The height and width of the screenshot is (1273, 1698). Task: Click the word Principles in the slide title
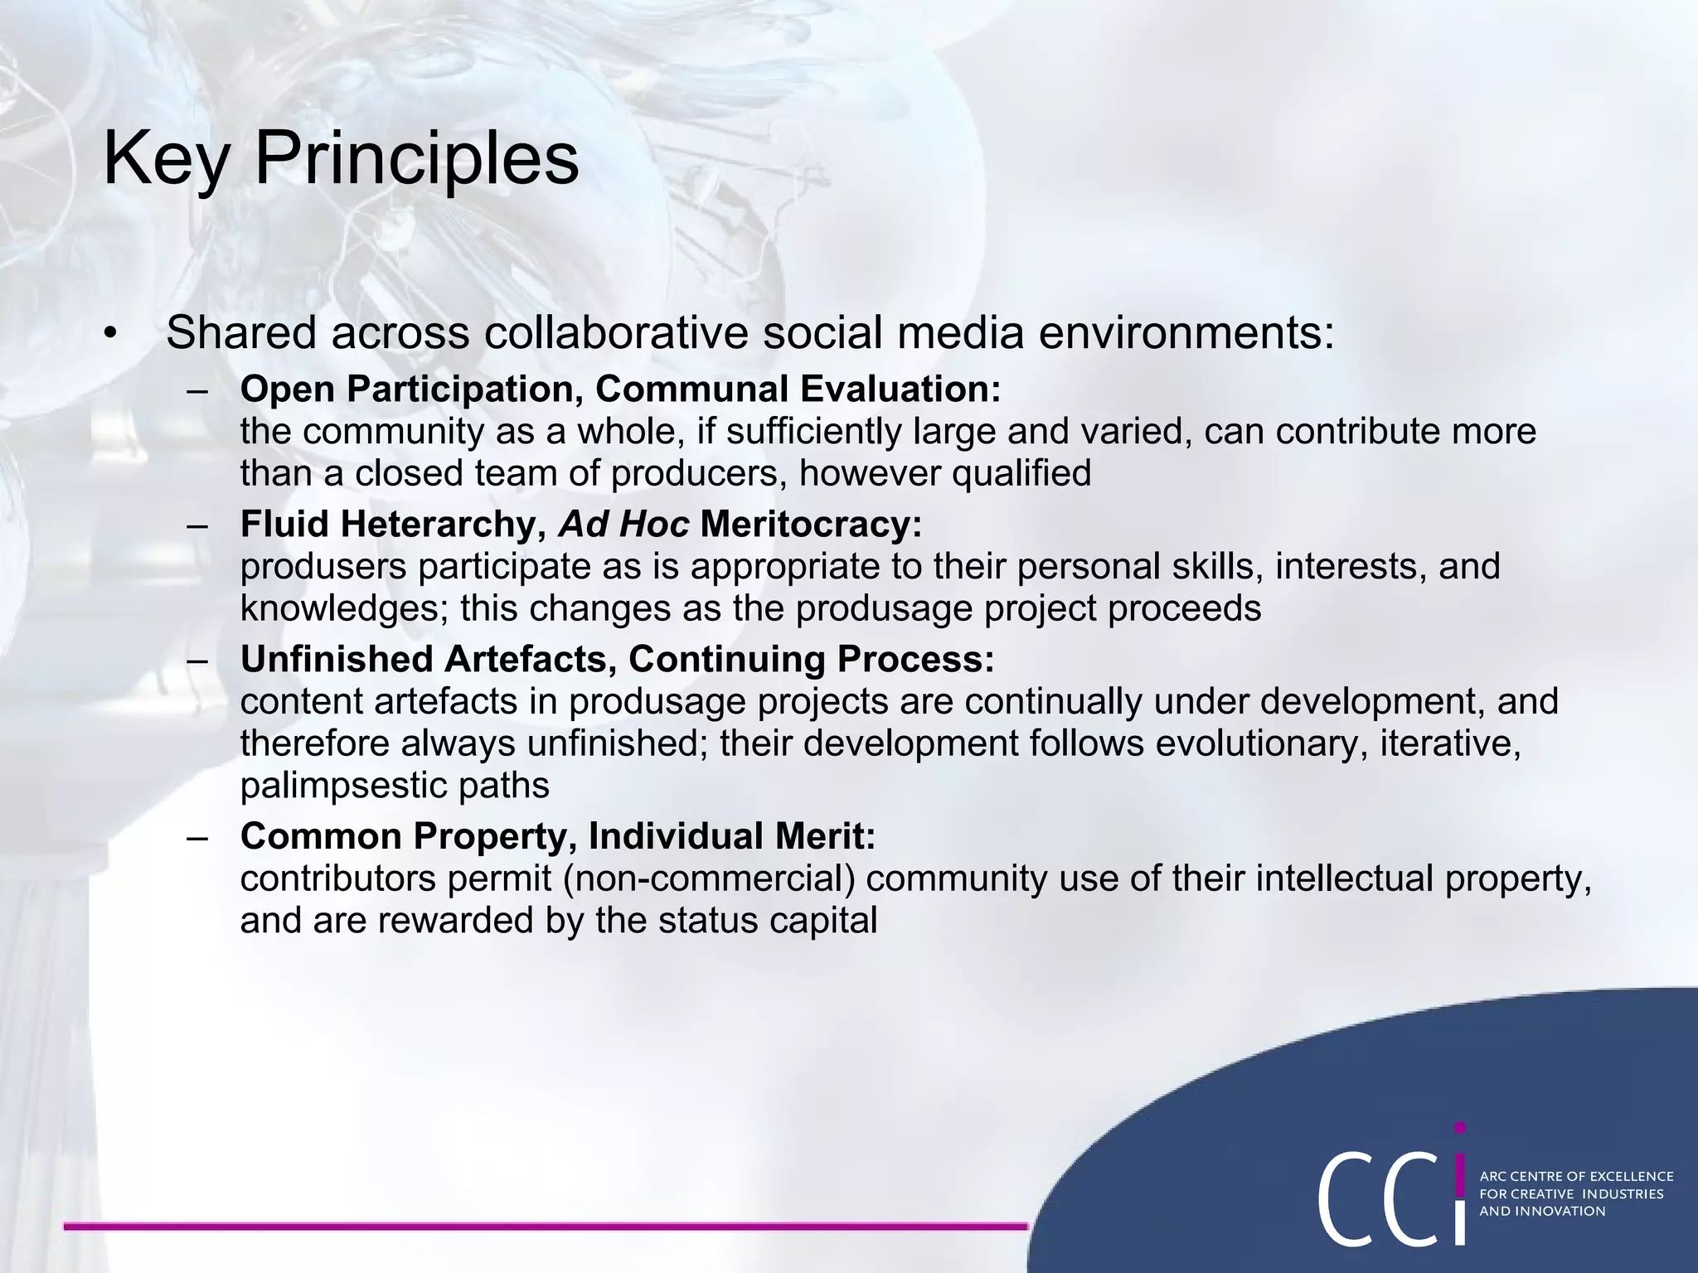[416, 159]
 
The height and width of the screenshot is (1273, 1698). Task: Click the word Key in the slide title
[166, 159]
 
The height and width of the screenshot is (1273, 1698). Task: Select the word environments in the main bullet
[1186, 333]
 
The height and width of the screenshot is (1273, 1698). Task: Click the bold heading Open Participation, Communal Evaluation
[620, 389]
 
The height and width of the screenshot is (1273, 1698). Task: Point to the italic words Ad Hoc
[623, 524]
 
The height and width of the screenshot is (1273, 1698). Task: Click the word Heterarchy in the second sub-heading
[444, 524]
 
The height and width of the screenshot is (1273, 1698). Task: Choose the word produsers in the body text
[323, 567]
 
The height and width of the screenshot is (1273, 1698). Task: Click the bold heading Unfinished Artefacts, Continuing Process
[617, 659]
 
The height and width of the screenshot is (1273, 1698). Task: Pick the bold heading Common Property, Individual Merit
[557, 836]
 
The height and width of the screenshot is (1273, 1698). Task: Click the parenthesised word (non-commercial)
[709, 879]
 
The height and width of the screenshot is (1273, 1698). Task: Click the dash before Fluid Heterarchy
[198, 525]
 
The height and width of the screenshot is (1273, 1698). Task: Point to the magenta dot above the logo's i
[1460, 1128]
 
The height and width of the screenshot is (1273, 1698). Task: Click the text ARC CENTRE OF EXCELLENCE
[1576, 1176]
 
